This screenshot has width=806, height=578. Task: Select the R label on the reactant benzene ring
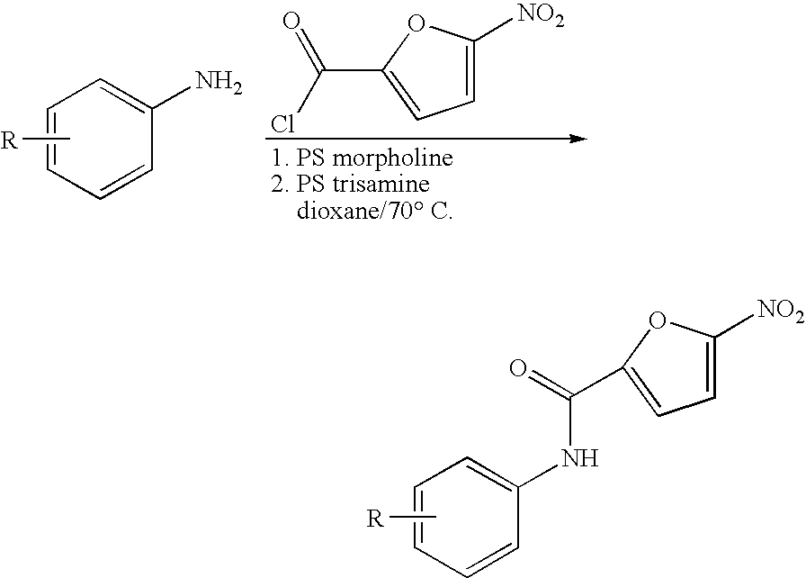click(x=9, y=140)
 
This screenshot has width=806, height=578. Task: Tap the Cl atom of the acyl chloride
click(x=283, y=124)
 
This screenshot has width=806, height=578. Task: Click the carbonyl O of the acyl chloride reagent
click(x=291, y=22)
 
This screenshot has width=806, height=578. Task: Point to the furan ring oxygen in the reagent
click(x=416, y=23)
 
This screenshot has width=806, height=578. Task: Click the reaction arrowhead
click(x=578, y=139)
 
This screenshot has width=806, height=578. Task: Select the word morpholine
click(x=393, y=158)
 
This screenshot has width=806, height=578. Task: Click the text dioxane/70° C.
click(x=375, y=211)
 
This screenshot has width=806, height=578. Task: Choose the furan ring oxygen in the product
click(x=658, y=320)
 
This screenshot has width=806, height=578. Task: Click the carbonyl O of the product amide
click(x=519, y=368)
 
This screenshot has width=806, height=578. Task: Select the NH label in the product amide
click(x=581, y=457)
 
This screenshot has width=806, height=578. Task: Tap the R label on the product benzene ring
click(x=375, y=519)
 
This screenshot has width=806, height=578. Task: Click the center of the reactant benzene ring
click(x=101, y=139)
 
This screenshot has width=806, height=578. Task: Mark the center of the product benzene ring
click(x=466, y=517)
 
